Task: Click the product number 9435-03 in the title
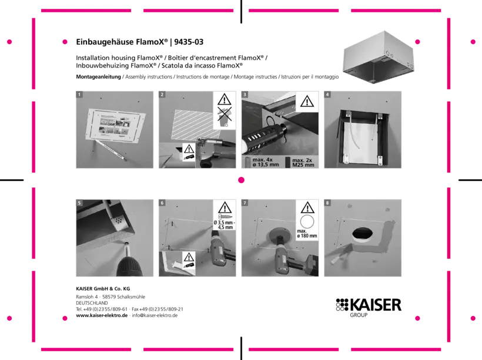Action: tap(189, 42)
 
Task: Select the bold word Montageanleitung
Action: tap(98, 77)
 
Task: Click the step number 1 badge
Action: tap(79, 95)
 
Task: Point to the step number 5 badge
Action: tap(79, 203)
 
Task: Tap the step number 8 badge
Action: tap(327, 203)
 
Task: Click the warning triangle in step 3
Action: tap(307, 102)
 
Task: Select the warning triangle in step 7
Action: tap(307, 208)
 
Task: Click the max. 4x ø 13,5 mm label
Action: tap(266, 162)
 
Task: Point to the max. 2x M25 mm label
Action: tap(303, 163)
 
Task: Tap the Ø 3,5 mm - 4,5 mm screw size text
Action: tap(225, 225)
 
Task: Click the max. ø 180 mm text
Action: tap(307, 234)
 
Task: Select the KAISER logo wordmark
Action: tap(376, 305)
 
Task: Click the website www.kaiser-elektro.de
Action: tap(102, 315)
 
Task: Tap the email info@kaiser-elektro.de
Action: tap(155, 315)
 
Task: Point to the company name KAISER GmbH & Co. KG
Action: tap(103, 289)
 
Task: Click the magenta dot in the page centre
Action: tap(242, 180)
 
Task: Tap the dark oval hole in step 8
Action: tap(363, 234)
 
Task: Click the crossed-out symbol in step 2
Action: tap(225, 116)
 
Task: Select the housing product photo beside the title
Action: tap(379, 58)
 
